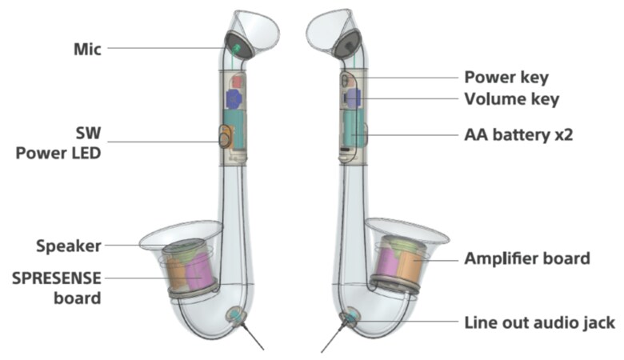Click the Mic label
(86, 48)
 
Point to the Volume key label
(511, 99)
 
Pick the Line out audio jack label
(539, 322)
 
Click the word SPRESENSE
(56, 278)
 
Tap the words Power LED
(58, 152)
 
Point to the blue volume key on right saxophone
(352, 98)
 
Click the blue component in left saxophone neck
(234, 98)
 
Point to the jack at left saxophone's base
(234, 316)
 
